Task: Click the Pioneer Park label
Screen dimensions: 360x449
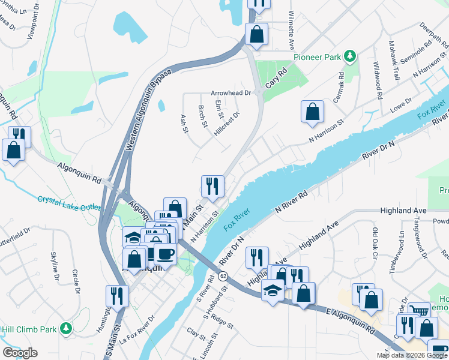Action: [x=316, y=57]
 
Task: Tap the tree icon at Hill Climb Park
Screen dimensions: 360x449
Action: [x=65, y=328]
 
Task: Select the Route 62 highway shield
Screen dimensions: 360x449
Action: [x=223, y=275]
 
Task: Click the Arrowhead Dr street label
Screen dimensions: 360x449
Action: [x=230, y=93]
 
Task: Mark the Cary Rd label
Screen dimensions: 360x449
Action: [x=277, y=78]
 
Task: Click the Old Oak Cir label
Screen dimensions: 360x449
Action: [x=375, y=240]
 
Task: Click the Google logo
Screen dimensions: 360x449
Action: [x=20, y=353]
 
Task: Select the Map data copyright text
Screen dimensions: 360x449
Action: [x=412, y=355]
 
